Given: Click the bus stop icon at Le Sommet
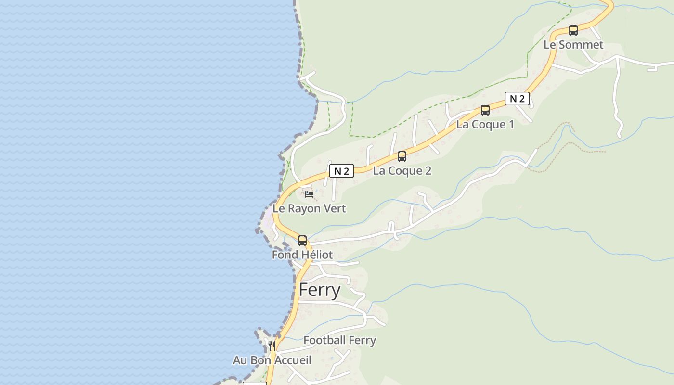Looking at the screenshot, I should pos(573,30).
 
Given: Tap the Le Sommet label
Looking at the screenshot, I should pos(573,45).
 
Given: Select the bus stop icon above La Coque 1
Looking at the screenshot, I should pos(485,110).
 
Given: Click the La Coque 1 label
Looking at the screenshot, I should pos(485,125).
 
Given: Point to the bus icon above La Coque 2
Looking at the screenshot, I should pos(402,156).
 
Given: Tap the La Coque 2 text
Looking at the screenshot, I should pos(402,171).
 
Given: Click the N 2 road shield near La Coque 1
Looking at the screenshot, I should pos(517,99).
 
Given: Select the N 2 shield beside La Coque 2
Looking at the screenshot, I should pos(341,171).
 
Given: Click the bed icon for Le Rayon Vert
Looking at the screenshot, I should pos(309,194).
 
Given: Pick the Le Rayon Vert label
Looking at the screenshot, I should pos(309,209).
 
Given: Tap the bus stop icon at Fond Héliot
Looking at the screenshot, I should pos(302,241).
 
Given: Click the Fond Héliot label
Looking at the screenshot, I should pos(302,255).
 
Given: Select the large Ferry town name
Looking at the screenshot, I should pos(320,290).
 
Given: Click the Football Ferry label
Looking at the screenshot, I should pos(339,340).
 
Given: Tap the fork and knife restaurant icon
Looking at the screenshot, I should pos(272,346).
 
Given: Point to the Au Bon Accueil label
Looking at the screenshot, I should pos(272,360).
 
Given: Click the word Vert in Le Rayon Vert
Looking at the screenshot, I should pos(335,209).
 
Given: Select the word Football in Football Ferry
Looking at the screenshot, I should pos(324,340).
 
